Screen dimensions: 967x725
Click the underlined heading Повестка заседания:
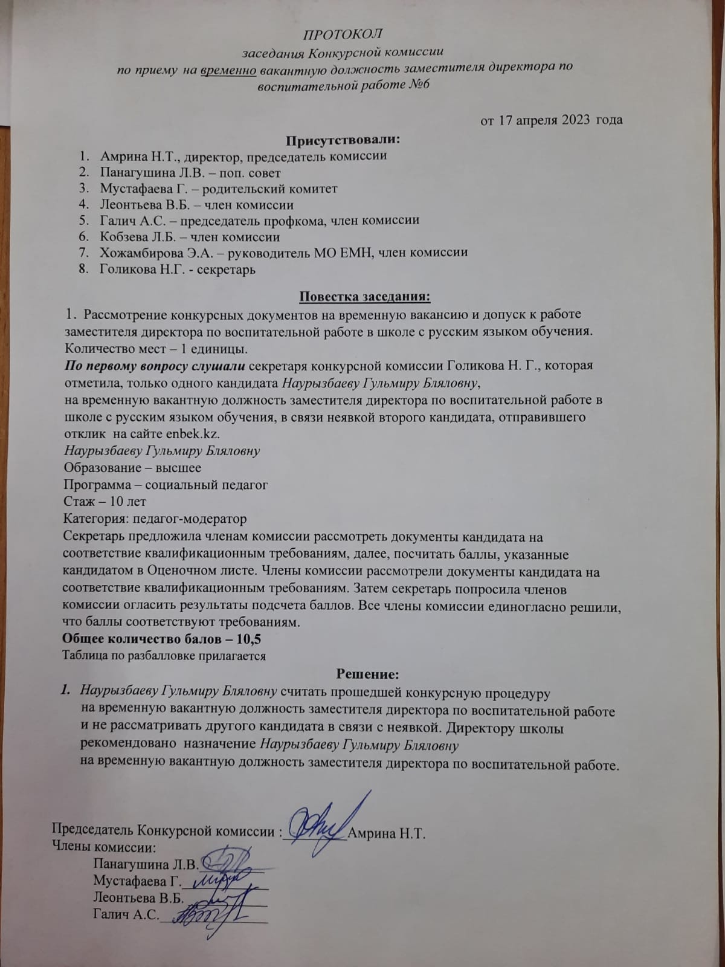[x=365, y=297]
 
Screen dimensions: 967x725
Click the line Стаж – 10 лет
[x=105, y=502]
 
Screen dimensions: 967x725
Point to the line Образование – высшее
[x=132, y=468]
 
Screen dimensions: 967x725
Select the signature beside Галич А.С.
[x=208, y=914]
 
